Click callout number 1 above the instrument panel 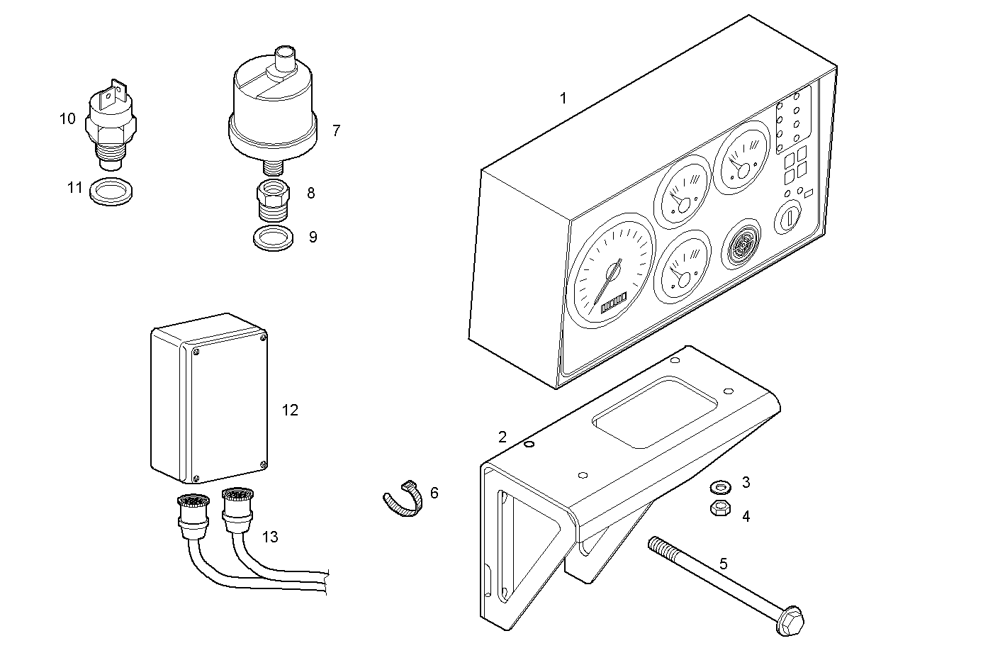[x=563, y=99]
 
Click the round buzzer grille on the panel [x=741, y=245]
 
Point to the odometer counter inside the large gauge [x=614, y=305]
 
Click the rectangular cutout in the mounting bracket [x=655, y=413]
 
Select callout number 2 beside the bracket [x=502, y=437]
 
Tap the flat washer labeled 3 [x=720, y=487]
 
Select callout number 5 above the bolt [x=723, y=564]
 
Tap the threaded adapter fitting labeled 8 [x=271, y=202]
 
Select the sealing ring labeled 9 [x=273, y=238]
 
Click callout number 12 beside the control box [x=290, y=411]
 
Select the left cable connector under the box [x=193, y=515]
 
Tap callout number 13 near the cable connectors [x=269, y=537]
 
